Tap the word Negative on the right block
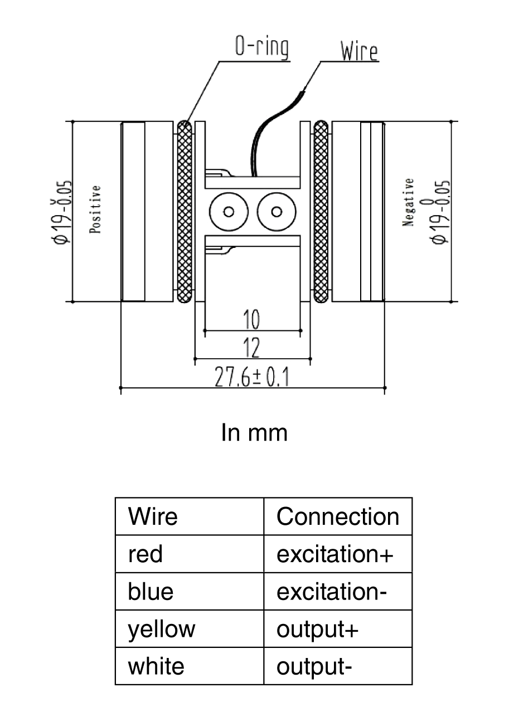pyautogui.click(x=409, y=202)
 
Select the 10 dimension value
pyautogui.click(x=252, y=320)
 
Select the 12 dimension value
pyautogui.click(x=252, y=349)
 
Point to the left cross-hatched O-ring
pyautogui.click(x=185, y=212)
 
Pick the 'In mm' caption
pyautogui.click(x=254, y=432)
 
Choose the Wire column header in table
pyautogui.click(x=153, y=516)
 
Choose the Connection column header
pyautogui.click(x=338, y=516)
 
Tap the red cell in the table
pyautogui.click(x=146, y=554)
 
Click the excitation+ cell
pyautogui.click(x=335, y=554)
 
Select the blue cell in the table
pyautogui.click(x=151, y=591)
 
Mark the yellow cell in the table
pyautogui.click(x=162, y=629)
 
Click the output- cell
pyautogui.click(x=314, y=666)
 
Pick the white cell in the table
pyautogui.click(x=156, y=666)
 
